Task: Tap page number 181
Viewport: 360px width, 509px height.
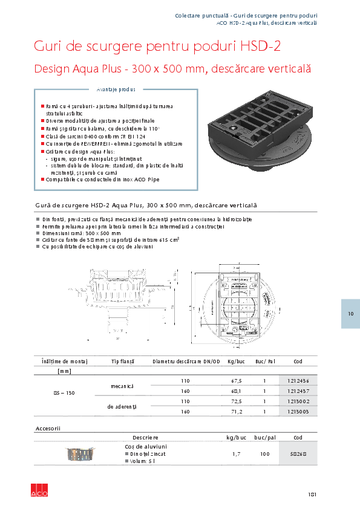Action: [312, 494]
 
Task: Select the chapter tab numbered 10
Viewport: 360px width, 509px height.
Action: [350, 314]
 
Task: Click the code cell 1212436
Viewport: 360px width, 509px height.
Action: [298, 381]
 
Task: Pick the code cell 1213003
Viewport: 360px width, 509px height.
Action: [298, 412]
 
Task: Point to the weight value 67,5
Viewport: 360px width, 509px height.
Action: [234, 381]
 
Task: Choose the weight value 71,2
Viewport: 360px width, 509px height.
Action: [234, 412]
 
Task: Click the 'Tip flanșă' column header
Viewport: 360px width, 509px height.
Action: [122, 361]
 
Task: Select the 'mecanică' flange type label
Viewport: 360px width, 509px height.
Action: [122, 386]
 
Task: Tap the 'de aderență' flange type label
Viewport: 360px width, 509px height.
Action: [122, 407]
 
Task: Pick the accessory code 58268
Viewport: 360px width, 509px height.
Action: [298, 453]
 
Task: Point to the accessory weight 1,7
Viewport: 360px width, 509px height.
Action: [237, 453]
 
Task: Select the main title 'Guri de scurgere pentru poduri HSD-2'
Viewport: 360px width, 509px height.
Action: [157, 47]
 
